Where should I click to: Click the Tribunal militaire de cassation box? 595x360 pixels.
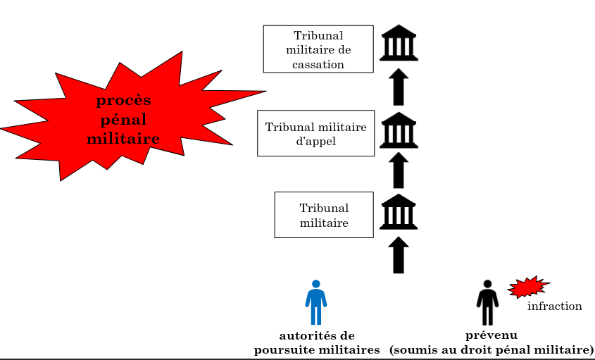(318, 49)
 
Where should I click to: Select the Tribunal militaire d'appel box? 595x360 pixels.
(315, 133)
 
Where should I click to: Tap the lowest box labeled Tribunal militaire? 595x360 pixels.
(324, 215)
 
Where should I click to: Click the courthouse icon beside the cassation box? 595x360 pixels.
(399, 44)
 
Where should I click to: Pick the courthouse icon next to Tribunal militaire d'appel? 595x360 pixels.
(399, 130)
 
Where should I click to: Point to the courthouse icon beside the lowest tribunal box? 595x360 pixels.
(399, 212)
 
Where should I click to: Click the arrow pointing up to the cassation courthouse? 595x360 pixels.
(399, 87)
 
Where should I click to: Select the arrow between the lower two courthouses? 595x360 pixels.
(399, 170)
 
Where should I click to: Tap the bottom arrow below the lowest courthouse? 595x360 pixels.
(399, 254)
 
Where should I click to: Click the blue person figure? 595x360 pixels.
(316, 302)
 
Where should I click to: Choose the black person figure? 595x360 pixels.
(487, 302)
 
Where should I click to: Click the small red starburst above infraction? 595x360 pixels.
(527, 287)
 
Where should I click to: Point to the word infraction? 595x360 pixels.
(555, 306)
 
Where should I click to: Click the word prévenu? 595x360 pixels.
(487, 335)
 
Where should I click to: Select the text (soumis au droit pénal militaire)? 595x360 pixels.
(491, 349)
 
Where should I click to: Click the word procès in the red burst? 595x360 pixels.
(123, 101)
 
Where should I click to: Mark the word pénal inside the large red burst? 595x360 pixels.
(123, 120)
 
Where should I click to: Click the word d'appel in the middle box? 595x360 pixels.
(315, 141)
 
